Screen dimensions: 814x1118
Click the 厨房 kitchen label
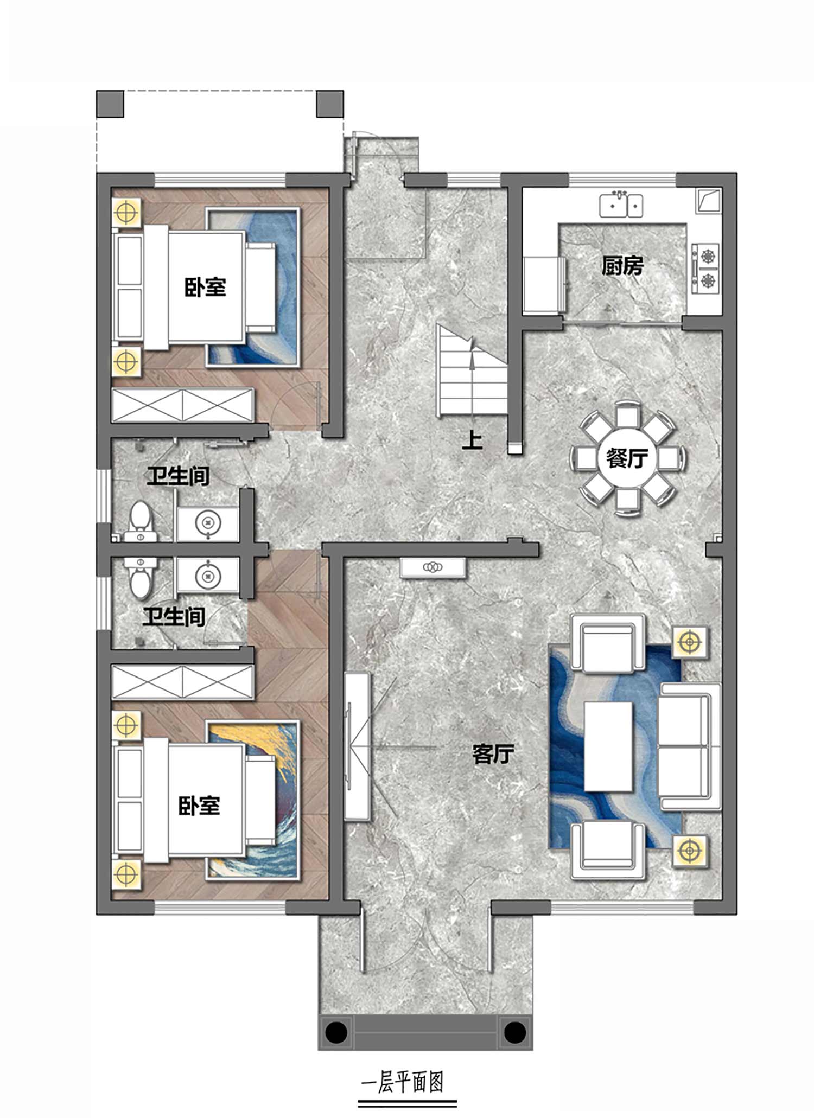(x=622, y=266)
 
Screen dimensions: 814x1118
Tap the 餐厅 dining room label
(x=627, y=458)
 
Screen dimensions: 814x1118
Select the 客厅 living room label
(x=493, y=754)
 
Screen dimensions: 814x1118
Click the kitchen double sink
(x=621, y=205)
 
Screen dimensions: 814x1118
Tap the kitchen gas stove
(x=706, y=269)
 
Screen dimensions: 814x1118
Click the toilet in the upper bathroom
(x=141, y=521)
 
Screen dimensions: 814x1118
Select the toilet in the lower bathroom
(x=141, y=578)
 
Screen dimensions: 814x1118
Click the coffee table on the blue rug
(x=609, y=746)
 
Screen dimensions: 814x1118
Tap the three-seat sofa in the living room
(x=689, y=747)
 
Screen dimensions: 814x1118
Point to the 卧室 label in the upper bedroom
(x=205, y=288)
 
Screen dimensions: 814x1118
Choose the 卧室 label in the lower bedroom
(x=200, y=806)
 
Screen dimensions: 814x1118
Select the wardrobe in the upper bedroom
(x=183, y=405)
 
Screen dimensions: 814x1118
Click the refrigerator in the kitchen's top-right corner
(x=708, y=200)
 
